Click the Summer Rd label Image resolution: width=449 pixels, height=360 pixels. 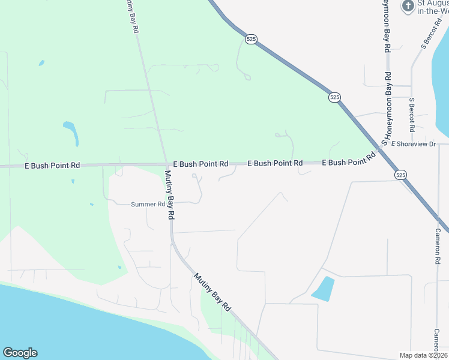(148, 205)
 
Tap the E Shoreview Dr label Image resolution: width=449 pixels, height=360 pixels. (413, 144)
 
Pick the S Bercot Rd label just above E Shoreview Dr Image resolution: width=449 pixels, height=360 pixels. (412, 115)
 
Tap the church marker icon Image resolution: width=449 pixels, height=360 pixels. (408, 7)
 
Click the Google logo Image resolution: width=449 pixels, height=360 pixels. (20, 353)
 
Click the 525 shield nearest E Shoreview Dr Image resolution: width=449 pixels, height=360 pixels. (400, 175)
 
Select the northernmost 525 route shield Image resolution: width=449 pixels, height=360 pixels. (252, 39)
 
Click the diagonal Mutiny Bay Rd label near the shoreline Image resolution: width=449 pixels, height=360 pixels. (212, 291)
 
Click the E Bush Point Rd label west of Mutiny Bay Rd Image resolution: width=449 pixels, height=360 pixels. (52, 165)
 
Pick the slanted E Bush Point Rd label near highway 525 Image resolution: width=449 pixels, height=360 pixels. (348, 160)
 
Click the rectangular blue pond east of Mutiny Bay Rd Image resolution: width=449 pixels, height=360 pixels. (323, 289)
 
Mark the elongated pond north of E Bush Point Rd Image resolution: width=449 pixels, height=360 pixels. (71, 133)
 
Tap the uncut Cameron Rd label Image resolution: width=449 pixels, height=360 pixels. (439, 247)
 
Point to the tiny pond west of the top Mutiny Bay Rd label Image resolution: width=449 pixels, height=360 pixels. (41, 62)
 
